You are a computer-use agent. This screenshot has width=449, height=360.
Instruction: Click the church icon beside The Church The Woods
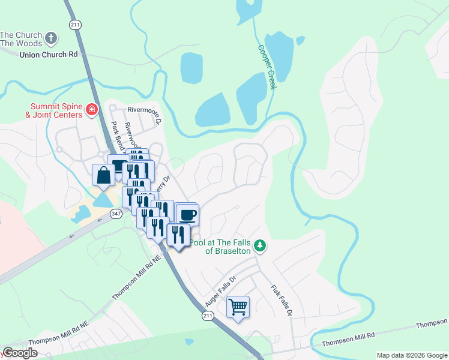52,38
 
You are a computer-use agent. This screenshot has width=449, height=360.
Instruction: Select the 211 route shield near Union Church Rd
74,25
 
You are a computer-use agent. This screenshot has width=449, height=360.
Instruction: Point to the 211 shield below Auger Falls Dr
208,315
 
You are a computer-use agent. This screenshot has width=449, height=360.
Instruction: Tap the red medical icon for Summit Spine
92,109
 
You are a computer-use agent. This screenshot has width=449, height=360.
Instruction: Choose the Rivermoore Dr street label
145,112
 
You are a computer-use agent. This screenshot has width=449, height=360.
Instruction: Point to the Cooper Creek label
267,67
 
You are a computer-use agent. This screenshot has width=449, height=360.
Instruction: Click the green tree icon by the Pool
260,245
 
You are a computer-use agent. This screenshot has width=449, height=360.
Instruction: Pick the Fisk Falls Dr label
282,300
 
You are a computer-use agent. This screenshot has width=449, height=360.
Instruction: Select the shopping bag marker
103,175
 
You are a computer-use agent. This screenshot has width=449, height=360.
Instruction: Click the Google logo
20,353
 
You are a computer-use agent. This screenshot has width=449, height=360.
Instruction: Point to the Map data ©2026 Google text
411,355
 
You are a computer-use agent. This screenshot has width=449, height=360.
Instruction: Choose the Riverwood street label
132,136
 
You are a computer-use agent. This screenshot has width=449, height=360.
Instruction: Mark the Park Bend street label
118,137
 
